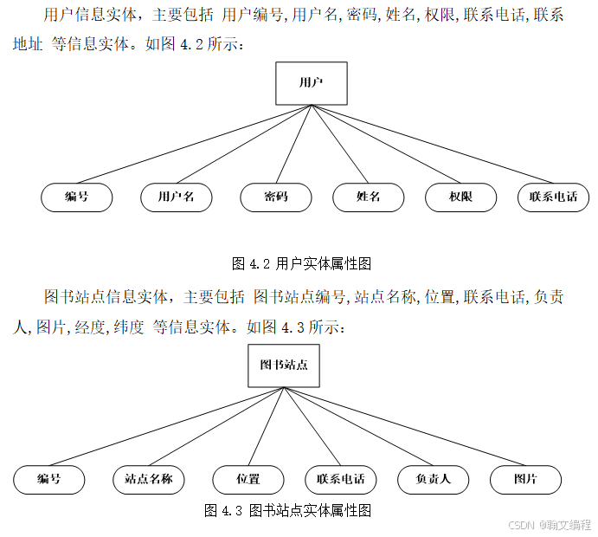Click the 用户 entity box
click(311, 83)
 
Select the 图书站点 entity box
click(284, 365)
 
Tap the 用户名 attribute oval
click(177, 197)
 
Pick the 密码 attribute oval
click(275, 197)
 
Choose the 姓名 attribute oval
click(368, 197)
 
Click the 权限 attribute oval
click(460, 197)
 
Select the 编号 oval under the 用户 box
click(77, 197)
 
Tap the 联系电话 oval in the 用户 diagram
click(553, 197)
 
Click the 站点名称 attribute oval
click(149, 479)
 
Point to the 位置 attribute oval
click(248, 479)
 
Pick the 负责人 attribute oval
click(433, 479)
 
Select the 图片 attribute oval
click(525, 479)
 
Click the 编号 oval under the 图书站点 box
click(49, 479)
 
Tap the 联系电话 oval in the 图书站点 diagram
click(341, 479)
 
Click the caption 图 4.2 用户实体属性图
click(301, 263)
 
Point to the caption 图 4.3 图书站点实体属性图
click(287, 510)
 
